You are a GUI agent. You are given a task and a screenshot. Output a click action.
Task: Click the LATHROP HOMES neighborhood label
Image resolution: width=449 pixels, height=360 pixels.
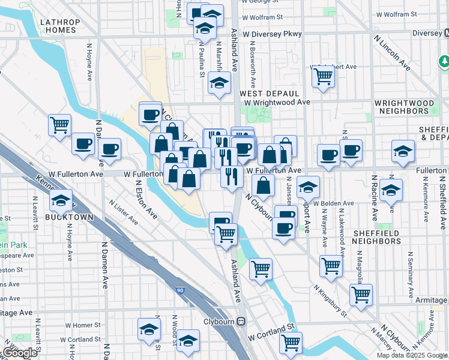pyautogui.click(x=60, y=25)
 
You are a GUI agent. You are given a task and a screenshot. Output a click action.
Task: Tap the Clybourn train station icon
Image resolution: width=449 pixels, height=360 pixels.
pyautogui.click(x=241, y=321)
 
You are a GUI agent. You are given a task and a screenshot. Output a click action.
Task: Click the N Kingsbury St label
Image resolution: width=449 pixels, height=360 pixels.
pyautogui.click(x=330, y=300)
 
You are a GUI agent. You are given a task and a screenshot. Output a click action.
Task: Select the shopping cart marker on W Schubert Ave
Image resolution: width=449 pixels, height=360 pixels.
pyautogui.click(x=323, y=76)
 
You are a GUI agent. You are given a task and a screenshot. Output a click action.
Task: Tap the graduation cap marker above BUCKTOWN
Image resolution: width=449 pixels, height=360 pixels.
pyautogui.click(x=61, y=200)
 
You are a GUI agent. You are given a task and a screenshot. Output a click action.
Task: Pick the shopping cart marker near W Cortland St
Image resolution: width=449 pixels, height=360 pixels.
pyautogui.click(x=291, y=343)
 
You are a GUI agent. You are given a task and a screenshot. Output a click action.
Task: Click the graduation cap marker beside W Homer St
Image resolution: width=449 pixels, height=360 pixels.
pyautogui.click(x=149, y=329)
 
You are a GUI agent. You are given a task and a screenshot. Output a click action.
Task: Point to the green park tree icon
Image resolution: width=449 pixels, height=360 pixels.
pyautogui.click(x=444, y=61)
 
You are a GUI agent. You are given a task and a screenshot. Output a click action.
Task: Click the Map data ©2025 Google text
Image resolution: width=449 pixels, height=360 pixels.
pyautogui.click(x=412, y=355)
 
